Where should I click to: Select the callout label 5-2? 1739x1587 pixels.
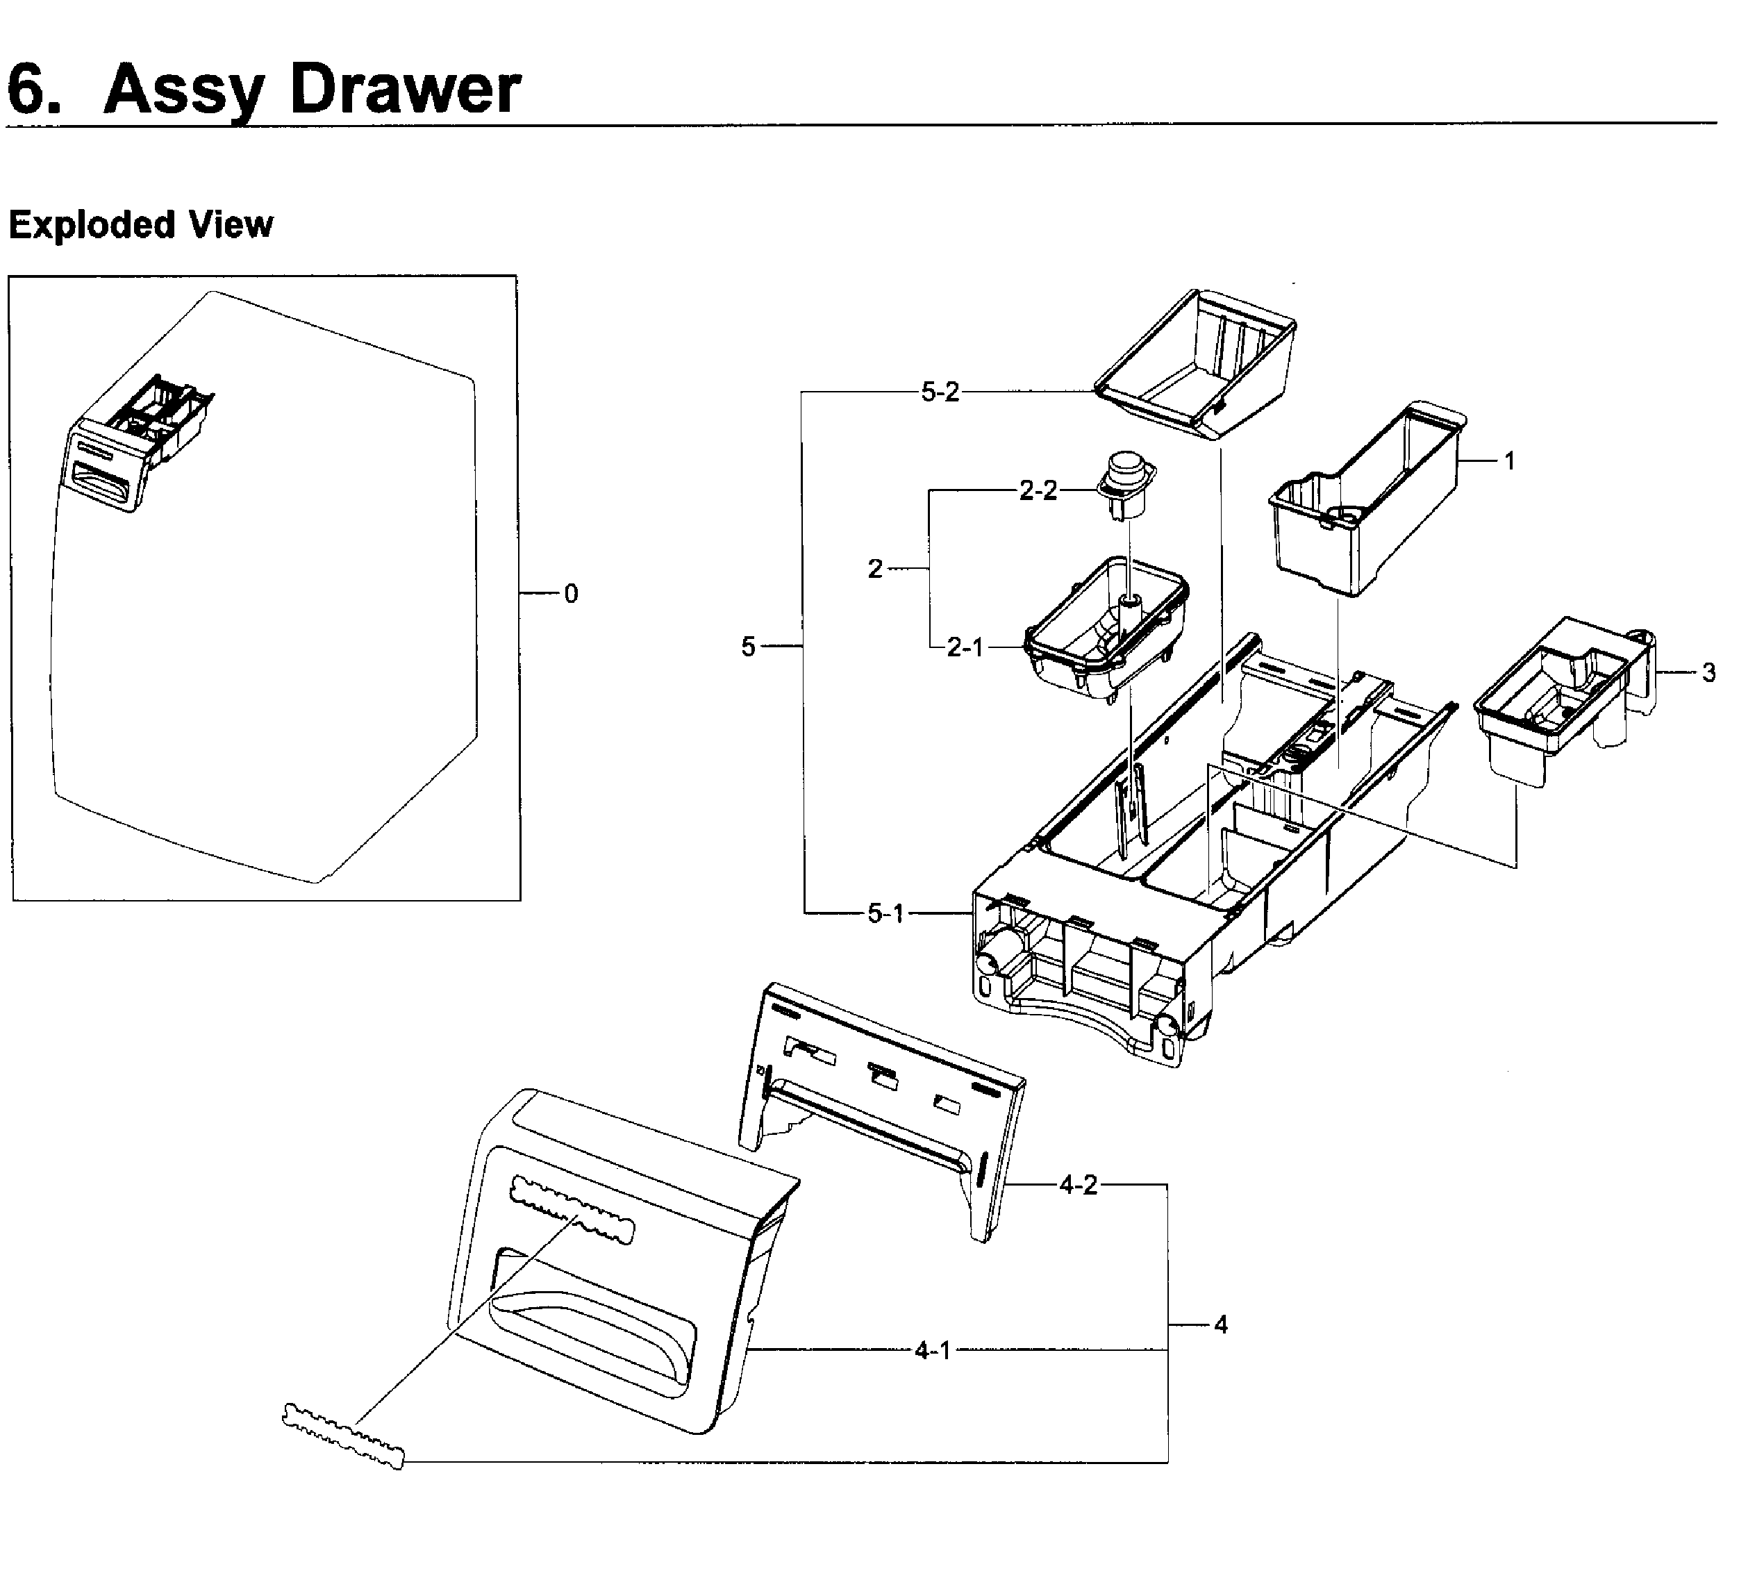[940, 392]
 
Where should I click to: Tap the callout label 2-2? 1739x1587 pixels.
[1038, 491]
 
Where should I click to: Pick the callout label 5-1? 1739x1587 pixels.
[886, 913]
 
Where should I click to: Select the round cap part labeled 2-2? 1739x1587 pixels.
[1125, 483]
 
